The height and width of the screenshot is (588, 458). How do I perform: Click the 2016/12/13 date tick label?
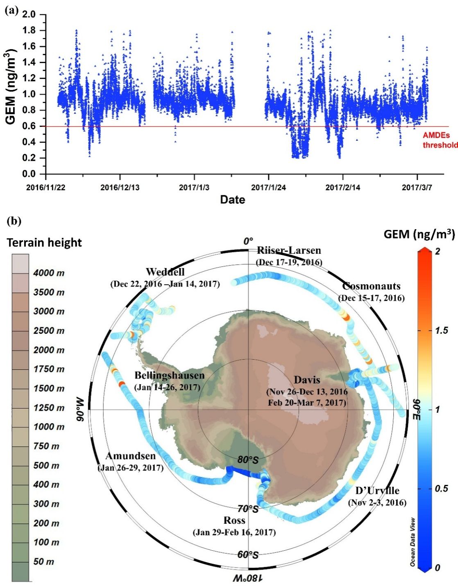120,187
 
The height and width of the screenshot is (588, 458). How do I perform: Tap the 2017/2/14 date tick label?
343,187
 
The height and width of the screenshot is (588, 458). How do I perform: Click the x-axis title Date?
232,200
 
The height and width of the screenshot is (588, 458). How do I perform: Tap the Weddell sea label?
165,272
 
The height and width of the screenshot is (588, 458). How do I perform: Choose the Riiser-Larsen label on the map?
289,250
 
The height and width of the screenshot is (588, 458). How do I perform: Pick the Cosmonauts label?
371,286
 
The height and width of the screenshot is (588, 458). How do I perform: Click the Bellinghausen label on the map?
169,375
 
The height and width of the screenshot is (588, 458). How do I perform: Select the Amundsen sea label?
131,456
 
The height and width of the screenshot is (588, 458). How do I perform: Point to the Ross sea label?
234,520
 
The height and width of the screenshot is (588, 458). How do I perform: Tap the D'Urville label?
377,491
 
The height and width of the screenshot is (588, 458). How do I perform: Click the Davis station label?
307,380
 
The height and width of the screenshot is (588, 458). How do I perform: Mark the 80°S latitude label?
247,460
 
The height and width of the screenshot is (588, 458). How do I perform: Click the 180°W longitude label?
248,578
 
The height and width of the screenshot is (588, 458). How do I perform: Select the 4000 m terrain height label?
48,273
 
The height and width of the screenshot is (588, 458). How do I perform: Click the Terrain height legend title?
44,243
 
